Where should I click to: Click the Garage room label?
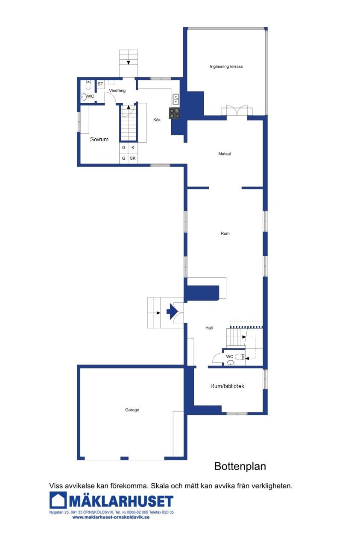point(132,410)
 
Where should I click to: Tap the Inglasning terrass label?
point(226,66)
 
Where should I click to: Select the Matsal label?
point(224,154)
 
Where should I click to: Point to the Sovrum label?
point(99,139)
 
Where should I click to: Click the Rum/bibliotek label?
point(227,386)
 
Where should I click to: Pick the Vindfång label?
point(117,91)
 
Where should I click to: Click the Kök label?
point(157,120)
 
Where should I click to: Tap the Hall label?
point(209,328)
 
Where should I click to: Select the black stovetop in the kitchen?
point(174,113)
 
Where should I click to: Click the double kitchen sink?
point(176,99)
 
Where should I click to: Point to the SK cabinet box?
point(133,158)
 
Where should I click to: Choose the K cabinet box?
point(133,147)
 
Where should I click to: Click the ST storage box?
point(100,84)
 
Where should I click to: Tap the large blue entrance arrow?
point(172,311)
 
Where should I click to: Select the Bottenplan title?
point(240,466)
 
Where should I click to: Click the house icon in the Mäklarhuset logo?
point(58,500)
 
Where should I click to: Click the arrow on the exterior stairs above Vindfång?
point(128,63)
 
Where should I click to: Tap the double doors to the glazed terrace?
point(237,110)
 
